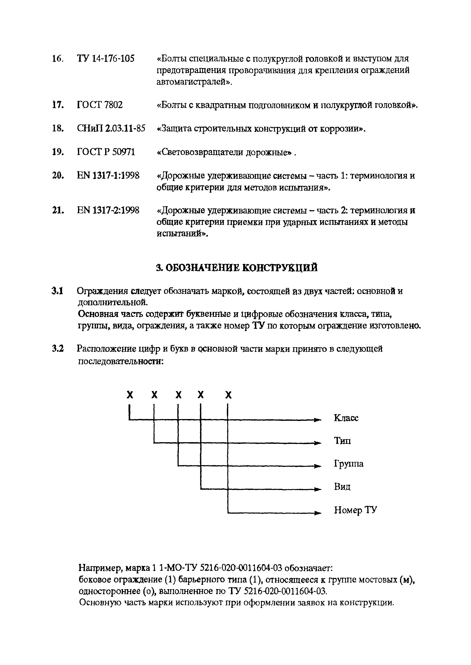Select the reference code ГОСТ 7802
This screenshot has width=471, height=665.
point(100,105)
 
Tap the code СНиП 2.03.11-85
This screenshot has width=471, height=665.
point(111,128)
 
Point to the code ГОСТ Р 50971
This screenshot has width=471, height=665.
point(106,152)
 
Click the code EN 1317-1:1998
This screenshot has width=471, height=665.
point(108,176)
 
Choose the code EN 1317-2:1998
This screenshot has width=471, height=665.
point(108,210)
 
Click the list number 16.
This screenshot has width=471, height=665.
point(57,59)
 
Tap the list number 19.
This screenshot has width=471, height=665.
point(57,152)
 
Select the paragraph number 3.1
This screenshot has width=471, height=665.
point(57,291)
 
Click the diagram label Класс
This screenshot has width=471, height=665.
point(346,418)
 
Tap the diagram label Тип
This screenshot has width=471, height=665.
point(342,441)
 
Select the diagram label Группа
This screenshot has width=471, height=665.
point(349,464)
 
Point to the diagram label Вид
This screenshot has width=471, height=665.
point(342,487)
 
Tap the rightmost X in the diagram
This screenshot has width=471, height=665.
point(229,395)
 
